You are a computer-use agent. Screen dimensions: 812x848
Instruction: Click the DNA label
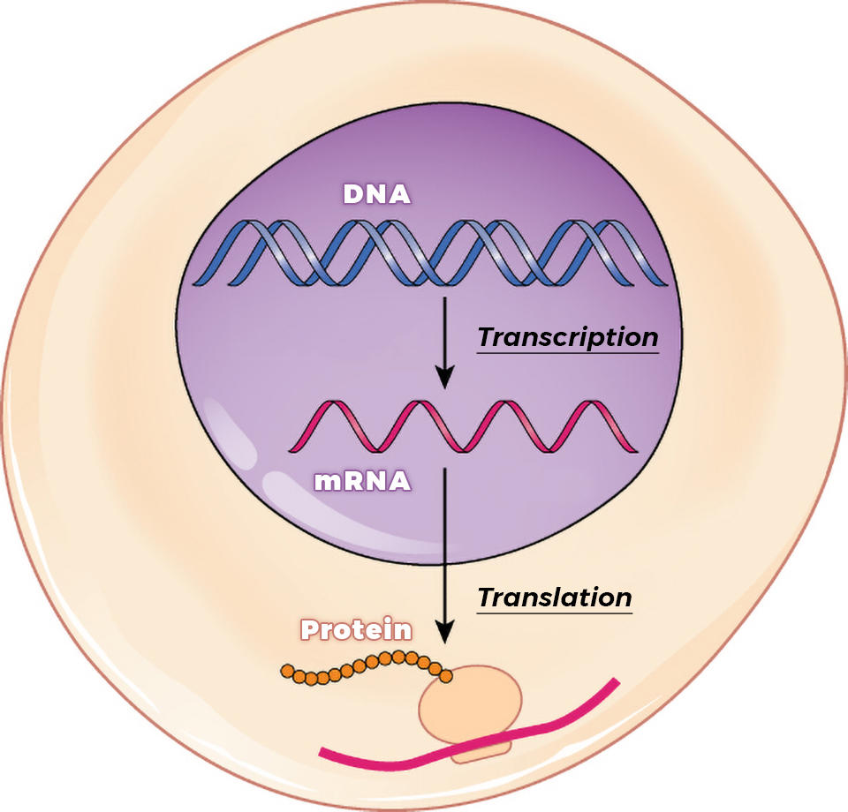tap(377, 194)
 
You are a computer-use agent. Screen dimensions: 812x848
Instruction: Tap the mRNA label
tap(363, 481)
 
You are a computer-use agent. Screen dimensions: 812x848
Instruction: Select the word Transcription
tap(568, 337)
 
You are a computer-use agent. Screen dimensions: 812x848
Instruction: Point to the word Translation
tap(555, 598)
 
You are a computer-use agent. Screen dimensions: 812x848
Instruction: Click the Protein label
tap(356, 630)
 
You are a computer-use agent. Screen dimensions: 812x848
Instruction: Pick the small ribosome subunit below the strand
tap(481, 751)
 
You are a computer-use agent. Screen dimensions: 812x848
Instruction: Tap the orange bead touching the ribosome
tap(446, 677)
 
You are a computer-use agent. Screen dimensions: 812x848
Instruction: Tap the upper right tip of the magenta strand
tap(615, 682)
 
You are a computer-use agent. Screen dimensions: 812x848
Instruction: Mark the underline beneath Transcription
tap(568, 353)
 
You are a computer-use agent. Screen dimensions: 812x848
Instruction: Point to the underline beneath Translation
tap(555, 613)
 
